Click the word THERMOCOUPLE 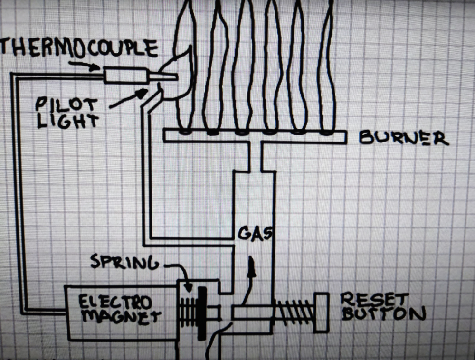(x=78, y=48)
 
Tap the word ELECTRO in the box (x=114, y=302)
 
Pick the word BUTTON (x=382, y=314)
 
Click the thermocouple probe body (x=125, y=76)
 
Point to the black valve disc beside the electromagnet (x=202, y=313)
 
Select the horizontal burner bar (x=254, y=136)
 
